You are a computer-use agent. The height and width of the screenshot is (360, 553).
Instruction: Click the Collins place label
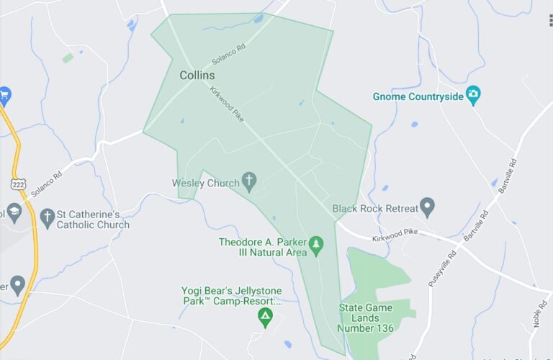pos(197,75)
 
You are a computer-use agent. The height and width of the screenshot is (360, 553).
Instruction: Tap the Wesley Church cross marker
pos(250,182)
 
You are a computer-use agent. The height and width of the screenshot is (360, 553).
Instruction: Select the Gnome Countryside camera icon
pos(473,96)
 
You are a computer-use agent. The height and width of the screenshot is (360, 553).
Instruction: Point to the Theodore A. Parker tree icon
pos(315,247)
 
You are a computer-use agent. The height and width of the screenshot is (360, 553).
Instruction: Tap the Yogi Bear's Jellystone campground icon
pos(266,317)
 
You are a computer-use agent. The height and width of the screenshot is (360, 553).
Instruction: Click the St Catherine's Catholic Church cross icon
pos(48,216)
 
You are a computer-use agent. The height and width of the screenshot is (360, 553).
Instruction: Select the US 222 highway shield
pos(18,184)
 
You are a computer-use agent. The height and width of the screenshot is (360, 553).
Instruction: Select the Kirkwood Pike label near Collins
pos(228,107)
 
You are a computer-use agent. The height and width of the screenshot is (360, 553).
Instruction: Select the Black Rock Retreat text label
pos(375,209)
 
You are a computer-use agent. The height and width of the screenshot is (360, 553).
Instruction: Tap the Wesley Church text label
pos(205,183)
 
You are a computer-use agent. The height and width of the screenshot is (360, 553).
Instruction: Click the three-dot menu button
pos(549,20)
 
